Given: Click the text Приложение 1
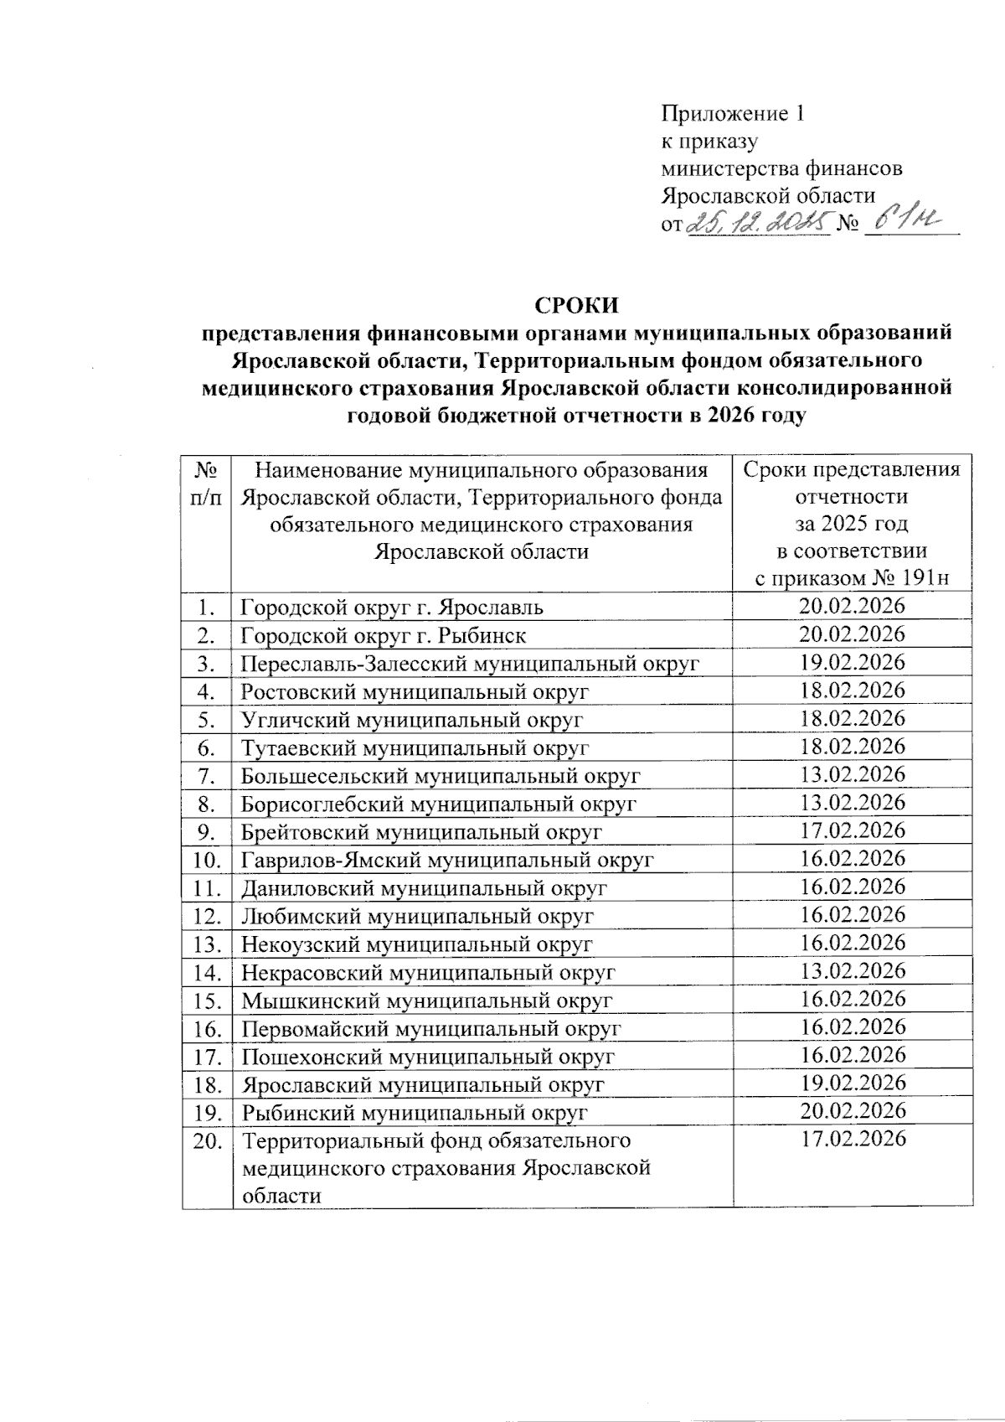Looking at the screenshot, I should pos(733,113).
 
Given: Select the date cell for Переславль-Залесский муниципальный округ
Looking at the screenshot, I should pos(853,662).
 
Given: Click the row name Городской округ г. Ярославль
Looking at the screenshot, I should pos(392,607).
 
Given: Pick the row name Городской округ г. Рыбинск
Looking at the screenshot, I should pos(384,635).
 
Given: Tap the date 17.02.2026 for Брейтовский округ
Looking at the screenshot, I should pos(853,830).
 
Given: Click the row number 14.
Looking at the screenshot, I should pos(206,973).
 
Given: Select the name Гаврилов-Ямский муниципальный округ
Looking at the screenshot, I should pos(447,860).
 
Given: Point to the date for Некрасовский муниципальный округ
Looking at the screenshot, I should pos(853,971).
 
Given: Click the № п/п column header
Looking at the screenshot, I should pos(206,483).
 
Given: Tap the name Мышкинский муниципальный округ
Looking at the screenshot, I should pos(426,1001).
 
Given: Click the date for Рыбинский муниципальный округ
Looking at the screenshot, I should pos(853,1111).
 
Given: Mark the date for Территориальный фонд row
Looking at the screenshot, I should pos(853,1140).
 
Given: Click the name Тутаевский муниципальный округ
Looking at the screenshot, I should pos(415,747).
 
